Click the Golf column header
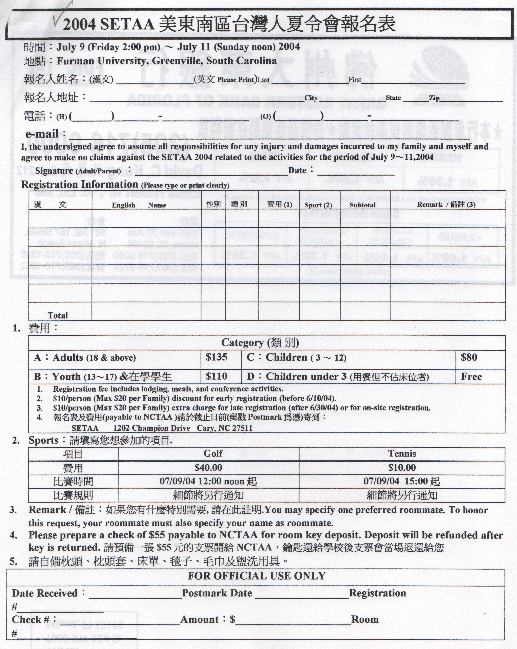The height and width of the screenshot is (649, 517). [213, 453]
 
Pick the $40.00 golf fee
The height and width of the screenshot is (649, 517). [208, 467]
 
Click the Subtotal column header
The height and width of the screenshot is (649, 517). [362, 205]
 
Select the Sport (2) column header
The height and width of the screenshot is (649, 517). [318, 205]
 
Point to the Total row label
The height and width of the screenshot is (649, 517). [58, 316]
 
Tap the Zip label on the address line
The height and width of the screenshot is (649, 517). [434, 98]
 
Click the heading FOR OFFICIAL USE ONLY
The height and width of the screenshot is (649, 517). [256, 576]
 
